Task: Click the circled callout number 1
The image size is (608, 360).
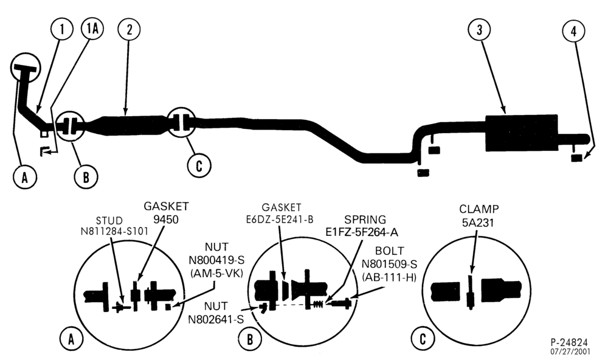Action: point(61,29)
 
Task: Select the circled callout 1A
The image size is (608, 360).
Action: point(92,29)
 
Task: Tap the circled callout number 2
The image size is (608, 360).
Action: point(129,29)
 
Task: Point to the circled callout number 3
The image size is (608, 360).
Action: point(480,29)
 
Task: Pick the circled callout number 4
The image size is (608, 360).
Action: point(574,30)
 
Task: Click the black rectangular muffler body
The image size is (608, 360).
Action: point(522,133)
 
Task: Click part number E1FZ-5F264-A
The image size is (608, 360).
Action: point(362,232)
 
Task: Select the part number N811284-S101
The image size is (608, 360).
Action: point(114,232)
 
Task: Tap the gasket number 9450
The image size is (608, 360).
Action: point(166,220)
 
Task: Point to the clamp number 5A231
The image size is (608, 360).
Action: point(478,223)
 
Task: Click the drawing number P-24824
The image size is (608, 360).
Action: point(569,342)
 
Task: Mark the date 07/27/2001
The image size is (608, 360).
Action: point(570,352)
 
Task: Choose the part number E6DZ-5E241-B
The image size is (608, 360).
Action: point(280,220)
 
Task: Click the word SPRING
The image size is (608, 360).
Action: point(365,220)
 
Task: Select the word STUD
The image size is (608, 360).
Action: point(109,221)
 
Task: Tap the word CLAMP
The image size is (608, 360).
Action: point(479,209)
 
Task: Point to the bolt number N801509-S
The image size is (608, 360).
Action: point(389,264)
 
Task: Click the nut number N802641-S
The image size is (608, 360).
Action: point(216,319)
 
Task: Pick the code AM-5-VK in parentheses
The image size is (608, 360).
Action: point(216,273)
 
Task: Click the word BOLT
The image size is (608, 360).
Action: point(389,251)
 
